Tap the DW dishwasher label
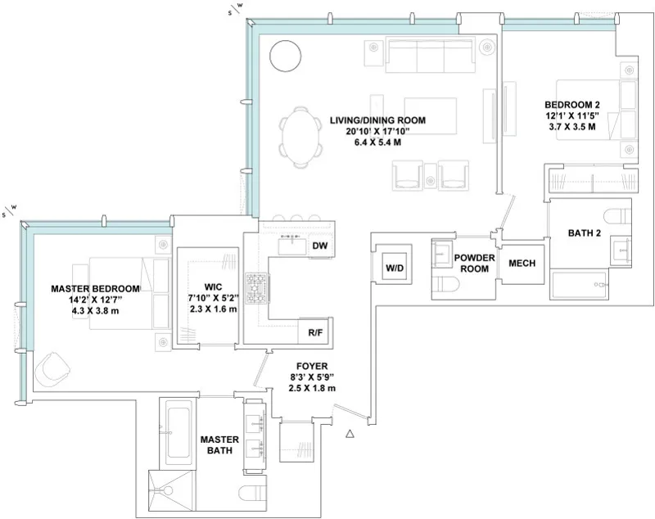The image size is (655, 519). (319, 246)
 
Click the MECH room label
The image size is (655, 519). (522, 264)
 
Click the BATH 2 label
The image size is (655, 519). (585, 233)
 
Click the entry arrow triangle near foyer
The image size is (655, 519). (350, 435)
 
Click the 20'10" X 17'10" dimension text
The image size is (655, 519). (377, 131)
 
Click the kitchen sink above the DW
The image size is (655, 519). (291, 243)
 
